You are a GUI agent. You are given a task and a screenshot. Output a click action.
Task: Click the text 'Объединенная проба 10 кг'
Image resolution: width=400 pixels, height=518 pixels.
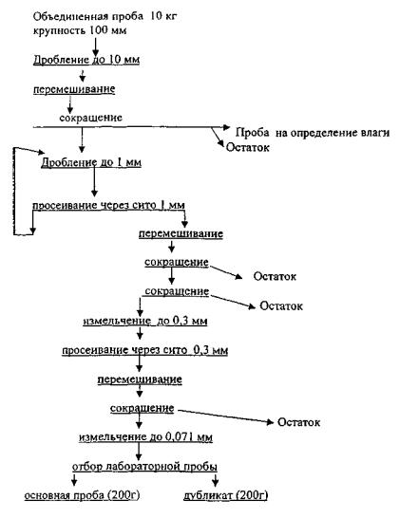pos(105,16)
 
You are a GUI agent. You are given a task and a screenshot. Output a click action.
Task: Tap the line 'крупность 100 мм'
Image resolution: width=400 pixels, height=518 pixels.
pos(80,30)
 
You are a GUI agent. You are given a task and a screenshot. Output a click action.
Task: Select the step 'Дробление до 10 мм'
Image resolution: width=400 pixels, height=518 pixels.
pos(86,60)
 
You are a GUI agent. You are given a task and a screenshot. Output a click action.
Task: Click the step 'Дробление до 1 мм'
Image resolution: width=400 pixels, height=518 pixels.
pos(91,162)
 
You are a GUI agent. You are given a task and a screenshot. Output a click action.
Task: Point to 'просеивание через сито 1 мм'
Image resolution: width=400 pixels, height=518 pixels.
pos(108,205)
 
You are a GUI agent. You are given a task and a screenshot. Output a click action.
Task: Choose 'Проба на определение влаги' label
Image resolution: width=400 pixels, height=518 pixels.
pos(313,133)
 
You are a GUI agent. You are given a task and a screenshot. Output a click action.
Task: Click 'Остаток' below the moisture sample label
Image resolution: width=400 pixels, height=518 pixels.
pos(247,147)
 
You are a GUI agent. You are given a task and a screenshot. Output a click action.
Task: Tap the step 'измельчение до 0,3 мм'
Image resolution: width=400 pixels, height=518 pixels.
pos(145,321)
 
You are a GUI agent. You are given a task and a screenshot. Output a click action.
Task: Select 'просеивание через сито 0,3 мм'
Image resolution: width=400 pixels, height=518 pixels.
pos(145,350)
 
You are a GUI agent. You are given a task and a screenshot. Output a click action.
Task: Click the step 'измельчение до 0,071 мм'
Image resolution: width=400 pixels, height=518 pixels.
pos(145,437)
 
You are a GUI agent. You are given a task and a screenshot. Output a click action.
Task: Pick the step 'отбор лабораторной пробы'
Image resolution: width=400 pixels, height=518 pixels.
pos(145,467)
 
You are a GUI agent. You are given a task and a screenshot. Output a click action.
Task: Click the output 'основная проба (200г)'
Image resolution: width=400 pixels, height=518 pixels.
pos(82,495)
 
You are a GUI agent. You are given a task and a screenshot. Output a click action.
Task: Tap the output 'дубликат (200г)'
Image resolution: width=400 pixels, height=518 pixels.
pos(225,495)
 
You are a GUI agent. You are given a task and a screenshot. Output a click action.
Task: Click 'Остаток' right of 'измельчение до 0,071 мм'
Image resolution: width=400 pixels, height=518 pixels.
pos(298,422)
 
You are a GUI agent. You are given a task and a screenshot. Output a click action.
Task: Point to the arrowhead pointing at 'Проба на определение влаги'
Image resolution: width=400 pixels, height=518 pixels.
pos(226,127)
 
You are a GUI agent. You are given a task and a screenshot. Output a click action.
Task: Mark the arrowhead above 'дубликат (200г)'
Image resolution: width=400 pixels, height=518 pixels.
pos(216,483)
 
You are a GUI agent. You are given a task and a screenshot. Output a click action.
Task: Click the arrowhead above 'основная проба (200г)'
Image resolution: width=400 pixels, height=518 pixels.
pos(74,482)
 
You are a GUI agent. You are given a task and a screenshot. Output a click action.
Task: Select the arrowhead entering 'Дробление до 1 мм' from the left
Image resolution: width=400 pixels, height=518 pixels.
pos(42,153)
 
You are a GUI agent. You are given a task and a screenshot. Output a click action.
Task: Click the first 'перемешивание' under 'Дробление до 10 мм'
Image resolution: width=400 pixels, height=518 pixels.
pos(74,89)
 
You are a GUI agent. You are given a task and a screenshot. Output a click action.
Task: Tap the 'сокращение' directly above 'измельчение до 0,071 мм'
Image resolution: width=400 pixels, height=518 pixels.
pos(142,408)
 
